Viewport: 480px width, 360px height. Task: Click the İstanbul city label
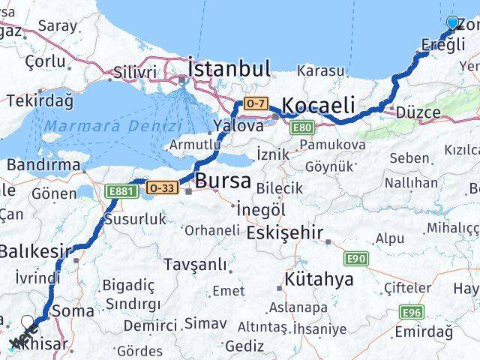pyautogui.click(x=229, y=69)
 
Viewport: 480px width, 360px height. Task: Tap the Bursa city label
pyautogui.click(x=223, y=181)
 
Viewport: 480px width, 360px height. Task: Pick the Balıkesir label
pyautogui.click(x=36, y=251)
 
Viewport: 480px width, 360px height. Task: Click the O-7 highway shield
pyautogui.click(x=254, y=102)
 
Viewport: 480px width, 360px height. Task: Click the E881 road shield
pyautogui.click(x=120, y=192)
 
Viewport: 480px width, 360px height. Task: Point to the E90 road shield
pyautogui.click(x=357, y=259)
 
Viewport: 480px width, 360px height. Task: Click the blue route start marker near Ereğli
pyautogui.click(x=452, y=22)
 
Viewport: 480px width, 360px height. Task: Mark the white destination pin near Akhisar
pyautogui.click(x=28, y=323)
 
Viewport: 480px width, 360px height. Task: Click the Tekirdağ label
pyautogui.click(x=39, y=100)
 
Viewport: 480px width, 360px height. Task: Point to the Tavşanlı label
pyautogui.click(x=196, y=264)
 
